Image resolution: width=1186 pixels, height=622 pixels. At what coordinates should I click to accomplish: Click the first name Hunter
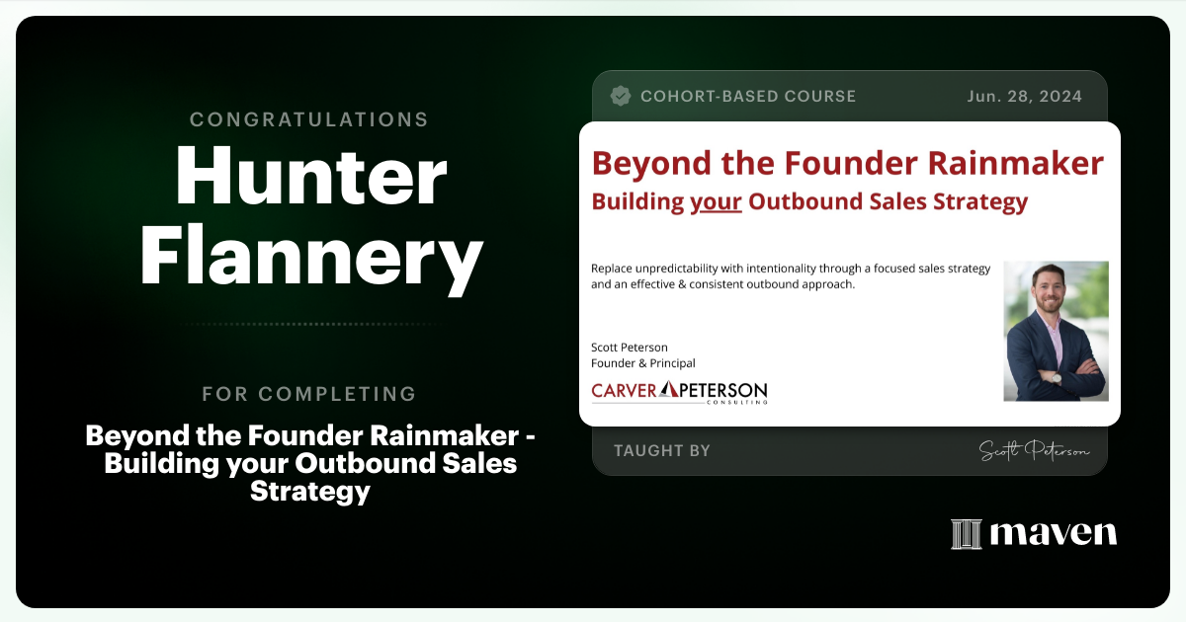[311, 179]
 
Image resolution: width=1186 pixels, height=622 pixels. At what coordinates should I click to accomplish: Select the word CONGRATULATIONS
[309, 119]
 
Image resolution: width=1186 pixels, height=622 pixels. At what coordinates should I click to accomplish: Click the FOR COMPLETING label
[309, 394]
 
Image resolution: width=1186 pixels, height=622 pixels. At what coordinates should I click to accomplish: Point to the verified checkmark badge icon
[621, 96]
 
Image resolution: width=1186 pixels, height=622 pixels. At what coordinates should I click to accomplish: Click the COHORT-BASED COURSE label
[747, 96]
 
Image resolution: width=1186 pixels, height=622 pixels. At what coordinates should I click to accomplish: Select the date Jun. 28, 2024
[1024, 96]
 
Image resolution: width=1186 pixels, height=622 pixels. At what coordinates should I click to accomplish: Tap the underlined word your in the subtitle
[716, 202]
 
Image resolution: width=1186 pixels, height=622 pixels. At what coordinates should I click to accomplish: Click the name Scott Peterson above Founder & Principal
[629, 347]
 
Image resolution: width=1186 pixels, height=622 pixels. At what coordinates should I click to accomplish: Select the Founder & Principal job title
[642, 363]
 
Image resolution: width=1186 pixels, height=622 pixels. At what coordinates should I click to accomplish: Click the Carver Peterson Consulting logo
[679, 391]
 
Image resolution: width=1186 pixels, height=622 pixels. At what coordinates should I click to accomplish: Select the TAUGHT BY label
[661, 450]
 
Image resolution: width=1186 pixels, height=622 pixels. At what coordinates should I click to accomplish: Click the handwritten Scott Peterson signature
[1034, 450]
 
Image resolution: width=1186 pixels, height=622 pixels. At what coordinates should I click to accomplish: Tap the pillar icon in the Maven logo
[966, 534]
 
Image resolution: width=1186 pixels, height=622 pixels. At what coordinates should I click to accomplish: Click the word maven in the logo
[1053, 534]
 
